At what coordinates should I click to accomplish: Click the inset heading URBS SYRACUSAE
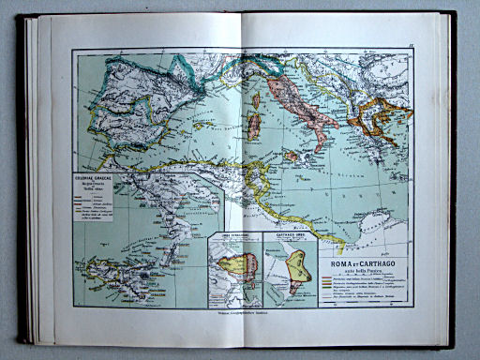[232, 236]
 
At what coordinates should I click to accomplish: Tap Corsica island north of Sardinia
[254, 99]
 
